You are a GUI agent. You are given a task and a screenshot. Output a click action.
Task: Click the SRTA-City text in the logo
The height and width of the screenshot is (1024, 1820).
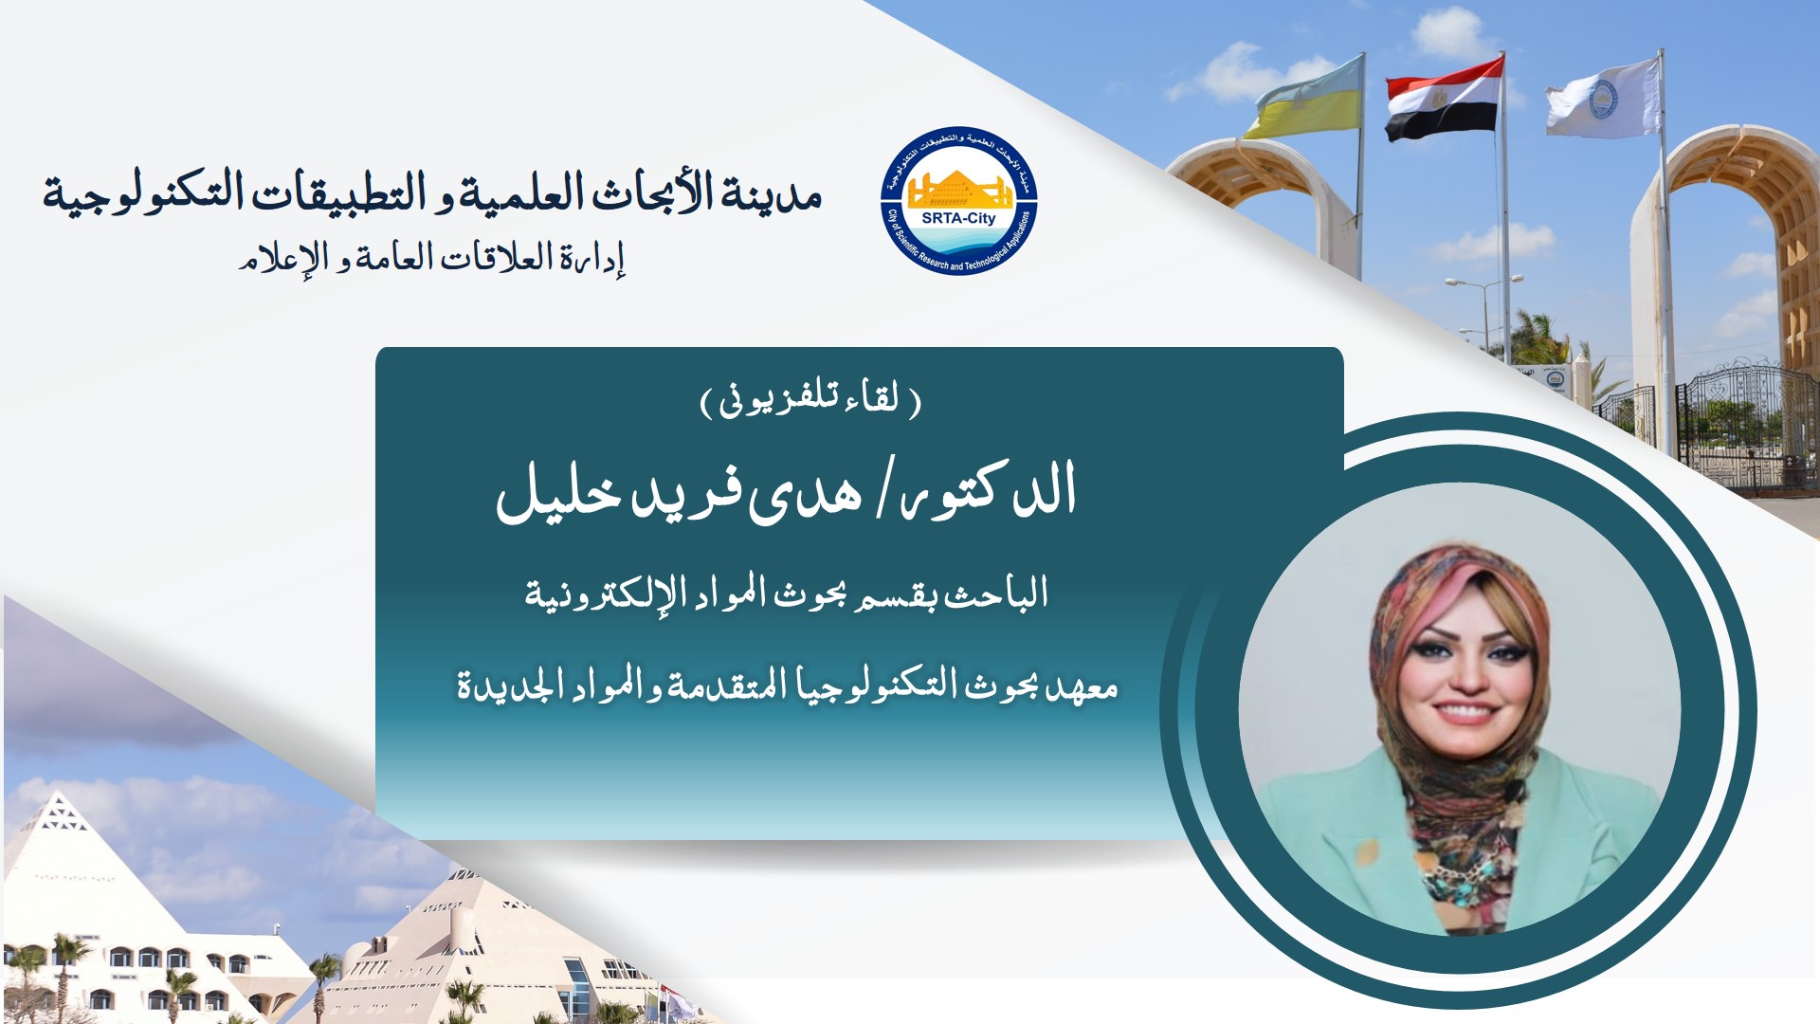pos(958,218)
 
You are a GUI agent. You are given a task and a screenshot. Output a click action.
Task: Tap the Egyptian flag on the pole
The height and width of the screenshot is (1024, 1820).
pos(1443,99)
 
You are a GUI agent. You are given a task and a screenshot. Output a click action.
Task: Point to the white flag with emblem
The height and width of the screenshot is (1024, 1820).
pos(1602,98)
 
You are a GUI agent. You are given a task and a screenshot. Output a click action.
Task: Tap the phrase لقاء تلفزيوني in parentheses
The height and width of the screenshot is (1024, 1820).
pos(810,399)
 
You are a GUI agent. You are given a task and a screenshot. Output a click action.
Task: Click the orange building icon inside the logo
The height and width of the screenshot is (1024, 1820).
pos(958,189)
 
